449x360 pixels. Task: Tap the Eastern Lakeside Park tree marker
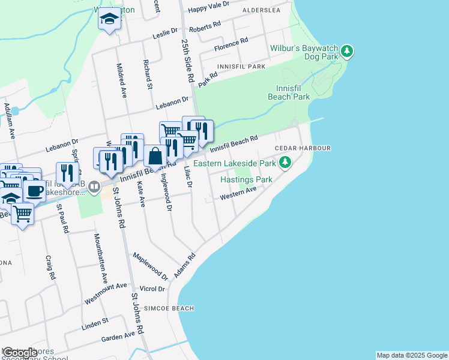[x=286, y=163]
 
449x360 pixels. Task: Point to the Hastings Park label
[x=246, y=179]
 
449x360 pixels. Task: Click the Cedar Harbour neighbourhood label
[x=303, y=148]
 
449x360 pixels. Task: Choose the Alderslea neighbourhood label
[x=262, y=11]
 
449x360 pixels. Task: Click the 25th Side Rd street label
[x=188, y=60]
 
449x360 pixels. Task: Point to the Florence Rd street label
[x=231, y=44]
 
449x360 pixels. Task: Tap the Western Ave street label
[x=238, y=193]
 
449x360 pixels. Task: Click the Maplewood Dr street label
[x=150, y=266]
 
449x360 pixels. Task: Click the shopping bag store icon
[x=155, y=156]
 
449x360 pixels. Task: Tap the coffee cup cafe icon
[x=34, y=191]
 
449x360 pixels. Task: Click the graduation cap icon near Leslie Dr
[x=110, y=19]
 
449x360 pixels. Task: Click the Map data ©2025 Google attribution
[x=412, y=355]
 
